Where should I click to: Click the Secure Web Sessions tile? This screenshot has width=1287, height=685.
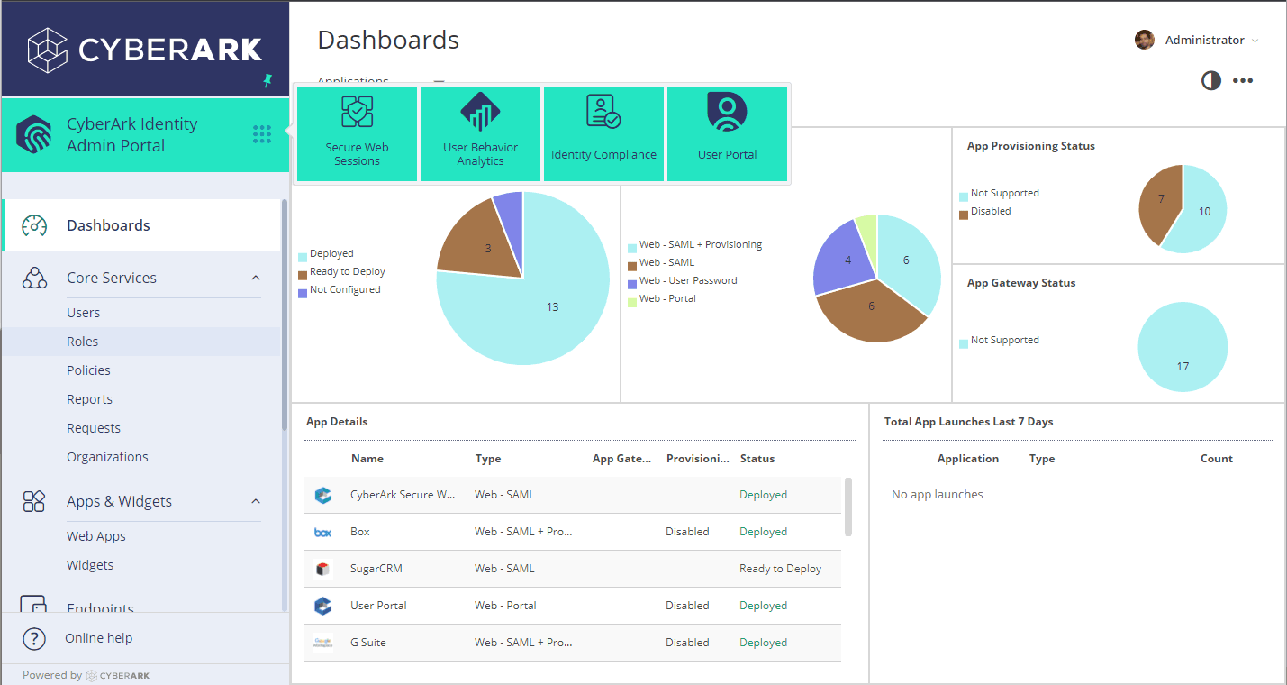(x=357, y=133)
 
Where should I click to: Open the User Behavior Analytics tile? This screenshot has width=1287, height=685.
(x=480, y=133)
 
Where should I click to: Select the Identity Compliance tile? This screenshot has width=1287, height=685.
(x=603, y=133)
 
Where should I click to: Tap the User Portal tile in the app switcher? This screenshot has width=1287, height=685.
(x=727, y=133)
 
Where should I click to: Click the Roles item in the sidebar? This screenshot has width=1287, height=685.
(x=83, y=342)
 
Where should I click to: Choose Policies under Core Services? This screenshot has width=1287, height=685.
(x=88, y=370)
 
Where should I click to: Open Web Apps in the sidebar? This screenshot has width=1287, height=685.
(x=96, y=536)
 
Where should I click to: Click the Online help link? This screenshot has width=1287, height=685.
(x=98, y=638)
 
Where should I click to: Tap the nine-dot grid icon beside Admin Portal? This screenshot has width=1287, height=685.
(x=262, y=134)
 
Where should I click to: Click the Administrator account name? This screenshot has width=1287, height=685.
(x=1204, y=40)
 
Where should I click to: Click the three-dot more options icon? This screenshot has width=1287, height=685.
(x=1243, y=81)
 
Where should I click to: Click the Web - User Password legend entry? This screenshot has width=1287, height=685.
(x=688, y=280)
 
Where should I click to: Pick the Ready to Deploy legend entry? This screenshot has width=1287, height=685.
(x=347, y=271)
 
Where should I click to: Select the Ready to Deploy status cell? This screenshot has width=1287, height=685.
(x=780, y=569)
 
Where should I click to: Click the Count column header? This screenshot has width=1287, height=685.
(x=1216, y=459)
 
